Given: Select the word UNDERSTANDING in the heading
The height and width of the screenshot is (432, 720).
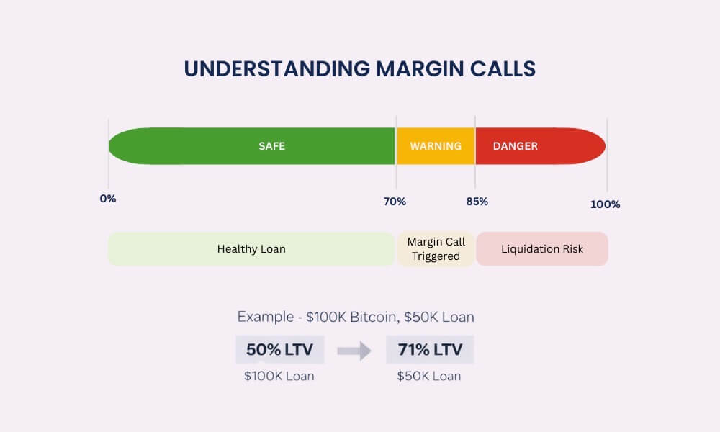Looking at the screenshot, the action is click(277, 69).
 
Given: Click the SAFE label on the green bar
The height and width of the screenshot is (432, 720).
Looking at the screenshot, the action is click(272, 146).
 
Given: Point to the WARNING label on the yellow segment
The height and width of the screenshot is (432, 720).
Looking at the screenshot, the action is click(436, 146).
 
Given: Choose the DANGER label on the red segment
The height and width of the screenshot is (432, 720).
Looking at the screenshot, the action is click(516, 146).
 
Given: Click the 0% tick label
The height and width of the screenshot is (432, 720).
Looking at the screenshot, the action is click(108, 199).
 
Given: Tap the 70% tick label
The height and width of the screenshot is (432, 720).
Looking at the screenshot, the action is click(395, 202).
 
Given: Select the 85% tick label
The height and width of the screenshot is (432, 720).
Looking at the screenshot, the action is click(477, 202).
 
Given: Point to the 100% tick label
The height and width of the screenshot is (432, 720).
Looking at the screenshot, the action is click(606, 204).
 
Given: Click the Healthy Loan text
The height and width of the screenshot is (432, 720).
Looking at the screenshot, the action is click(251, 249).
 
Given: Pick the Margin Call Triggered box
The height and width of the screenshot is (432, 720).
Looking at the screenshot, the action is click(436, 249).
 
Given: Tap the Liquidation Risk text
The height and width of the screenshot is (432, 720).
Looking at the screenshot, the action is click(542, 249).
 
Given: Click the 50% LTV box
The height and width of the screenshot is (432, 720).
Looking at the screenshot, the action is click(280, 350).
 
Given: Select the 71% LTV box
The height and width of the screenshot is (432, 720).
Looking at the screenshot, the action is click(430, 350).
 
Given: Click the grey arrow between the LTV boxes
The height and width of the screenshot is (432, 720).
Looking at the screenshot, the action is click(354, 351).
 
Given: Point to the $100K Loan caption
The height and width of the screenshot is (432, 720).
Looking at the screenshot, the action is click(279, 376).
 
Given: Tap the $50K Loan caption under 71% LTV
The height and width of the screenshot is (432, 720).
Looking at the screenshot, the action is click(429, 376).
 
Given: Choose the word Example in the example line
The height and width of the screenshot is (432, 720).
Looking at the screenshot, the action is click(266, 318).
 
